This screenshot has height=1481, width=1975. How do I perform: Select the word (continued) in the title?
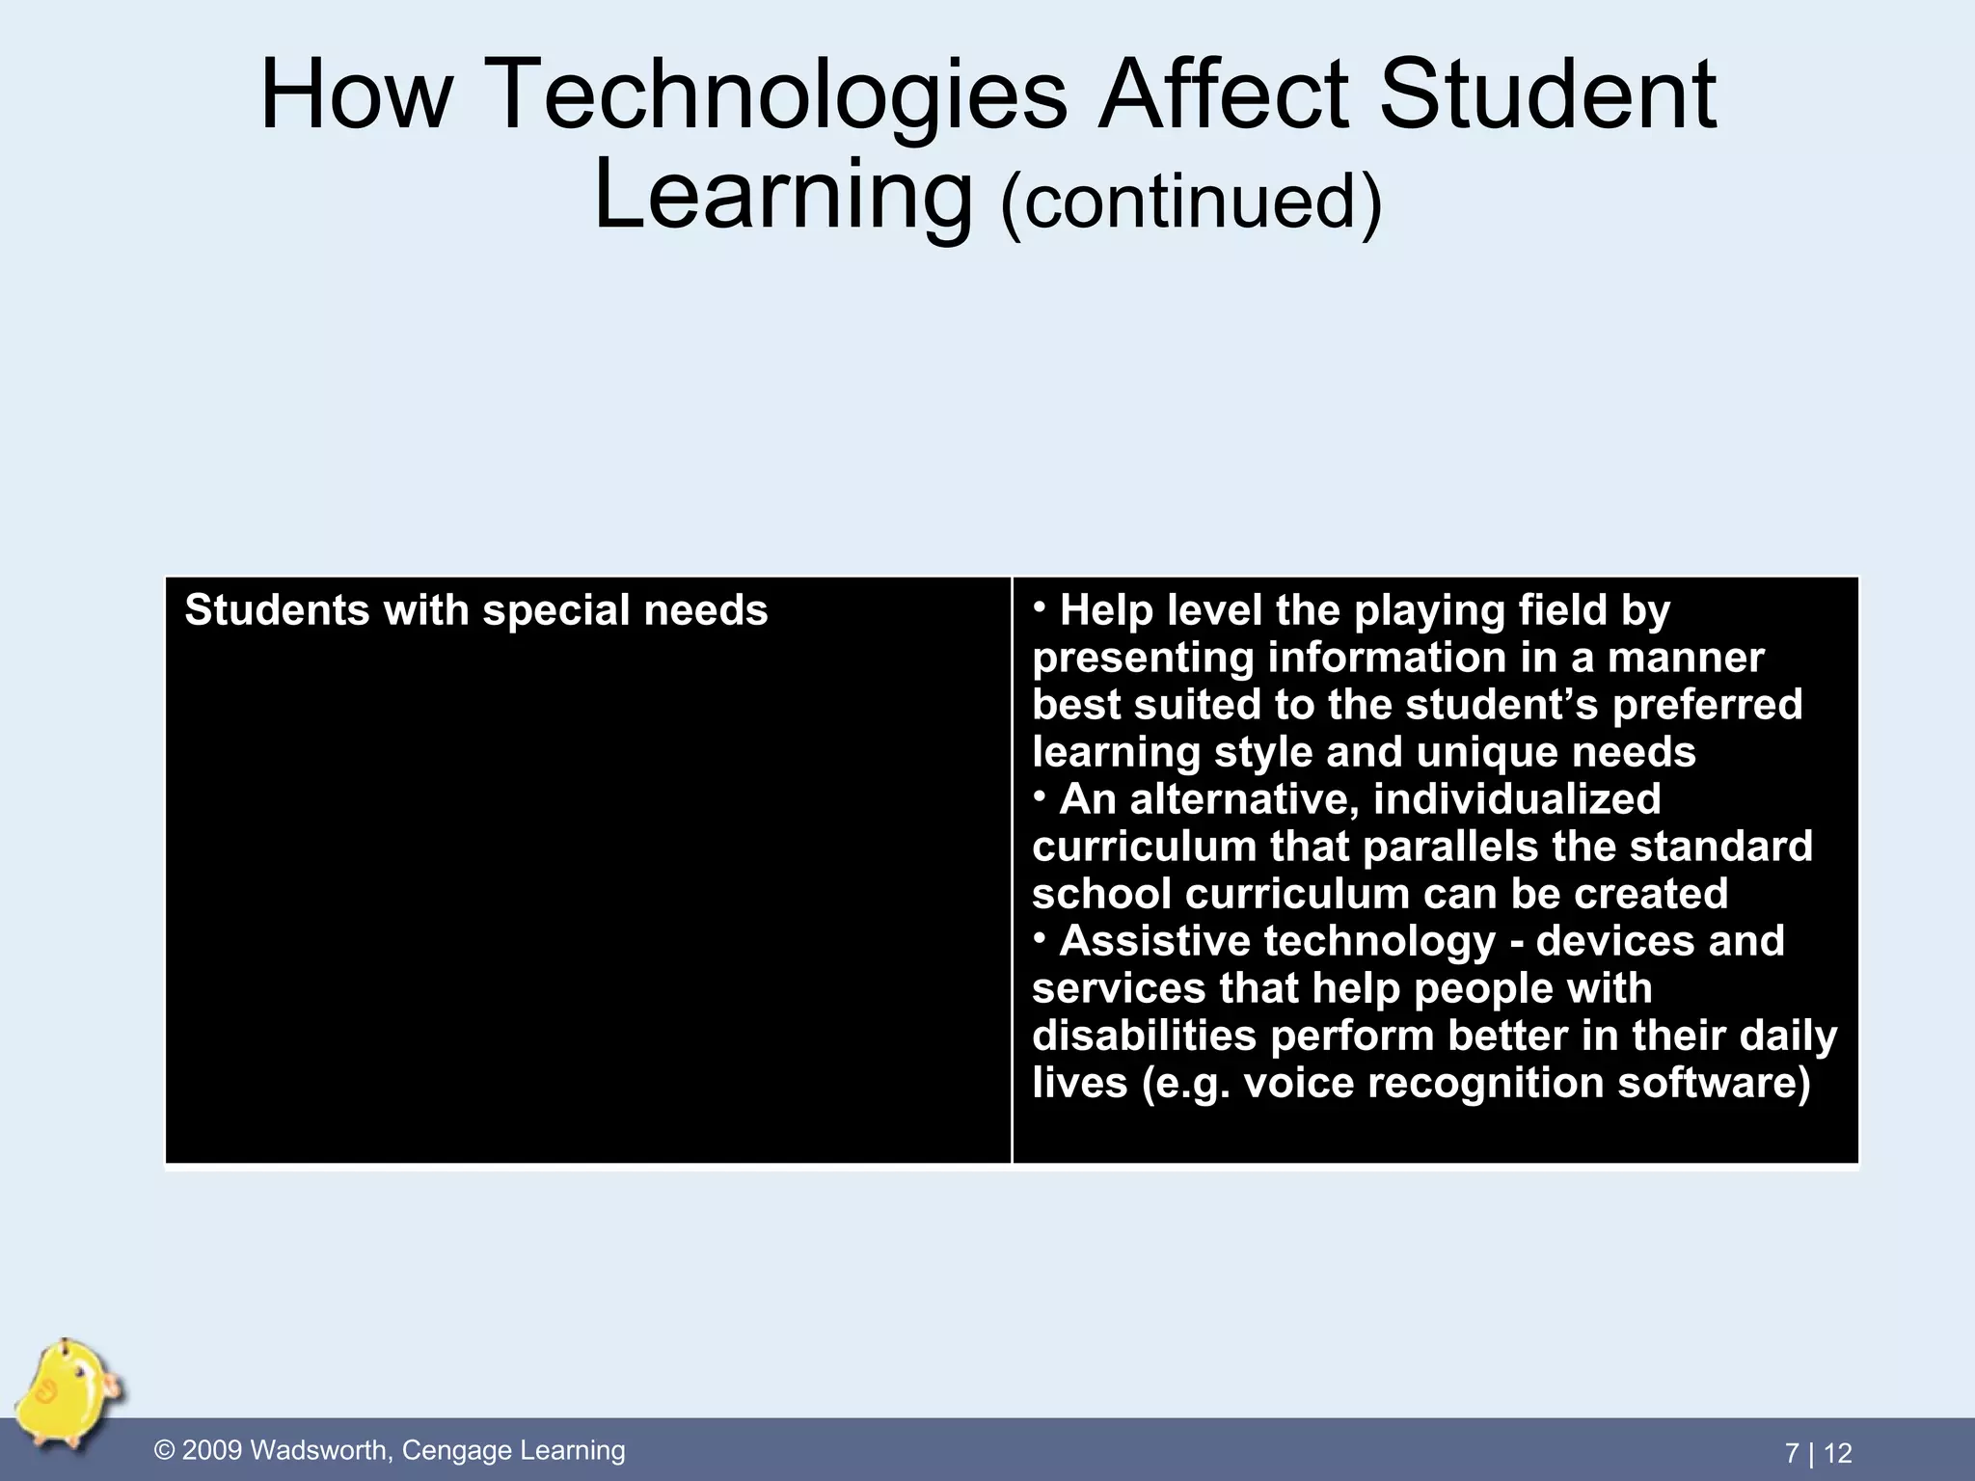(1191, 202)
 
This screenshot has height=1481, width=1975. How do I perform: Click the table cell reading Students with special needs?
(476, 611)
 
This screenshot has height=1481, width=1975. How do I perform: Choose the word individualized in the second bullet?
(1517, 799)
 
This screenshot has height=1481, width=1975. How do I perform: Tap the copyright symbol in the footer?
(166, 1451)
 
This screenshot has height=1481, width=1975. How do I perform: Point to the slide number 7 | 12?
(1818, 1453)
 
